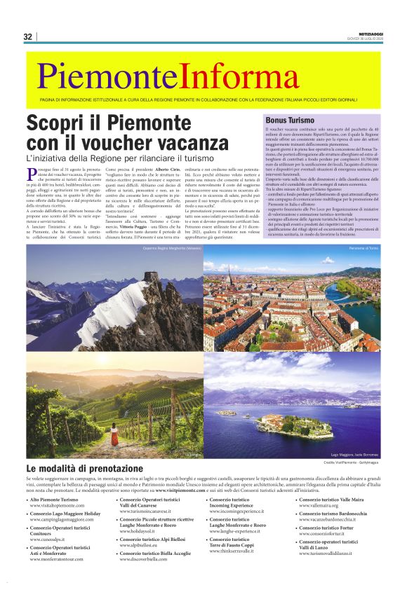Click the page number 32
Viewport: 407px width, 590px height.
click(x=28, y=36)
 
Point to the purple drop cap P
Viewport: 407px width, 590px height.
click(x=32, y=172)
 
